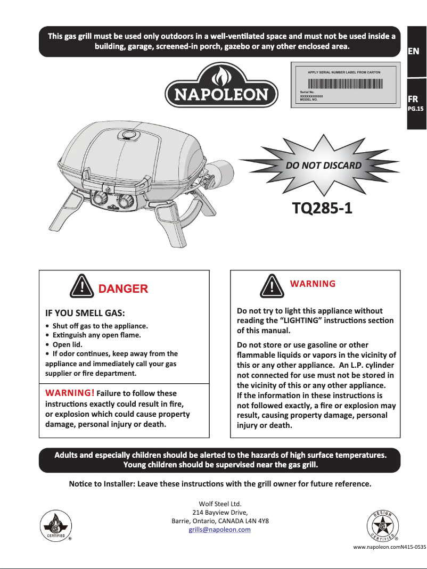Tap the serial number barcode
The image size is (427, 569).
pyautogui.click(x=345, y=84)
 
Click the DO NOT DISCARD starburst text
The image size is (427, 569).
pyautogui.click(x=324, y=165)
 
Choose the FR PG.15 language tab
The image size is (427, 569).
pyautogui.click(x=415, y=103)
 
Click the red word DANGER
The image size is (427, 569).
pyautogui.click(x=123, y=289)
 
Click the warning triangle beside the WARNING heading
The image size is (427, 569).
pyautogui.click(x=272, y=287)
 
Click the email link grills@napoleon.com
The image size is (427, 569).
pyautogui.click(x=220, y=530)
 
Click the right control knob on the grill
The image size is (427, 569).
pyautogui.click(x=127, y=202)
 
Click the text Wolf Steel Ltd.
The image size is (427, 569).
pyautogui.click(x=220, y=503)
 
